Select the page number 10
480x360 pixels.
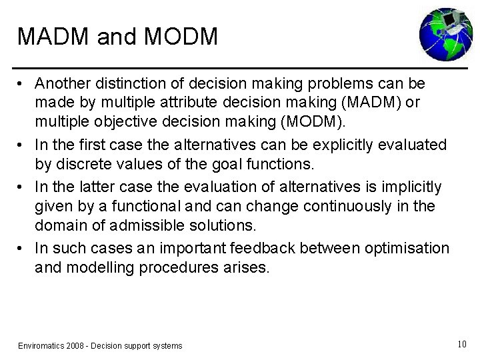click(x=461, y=344)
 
